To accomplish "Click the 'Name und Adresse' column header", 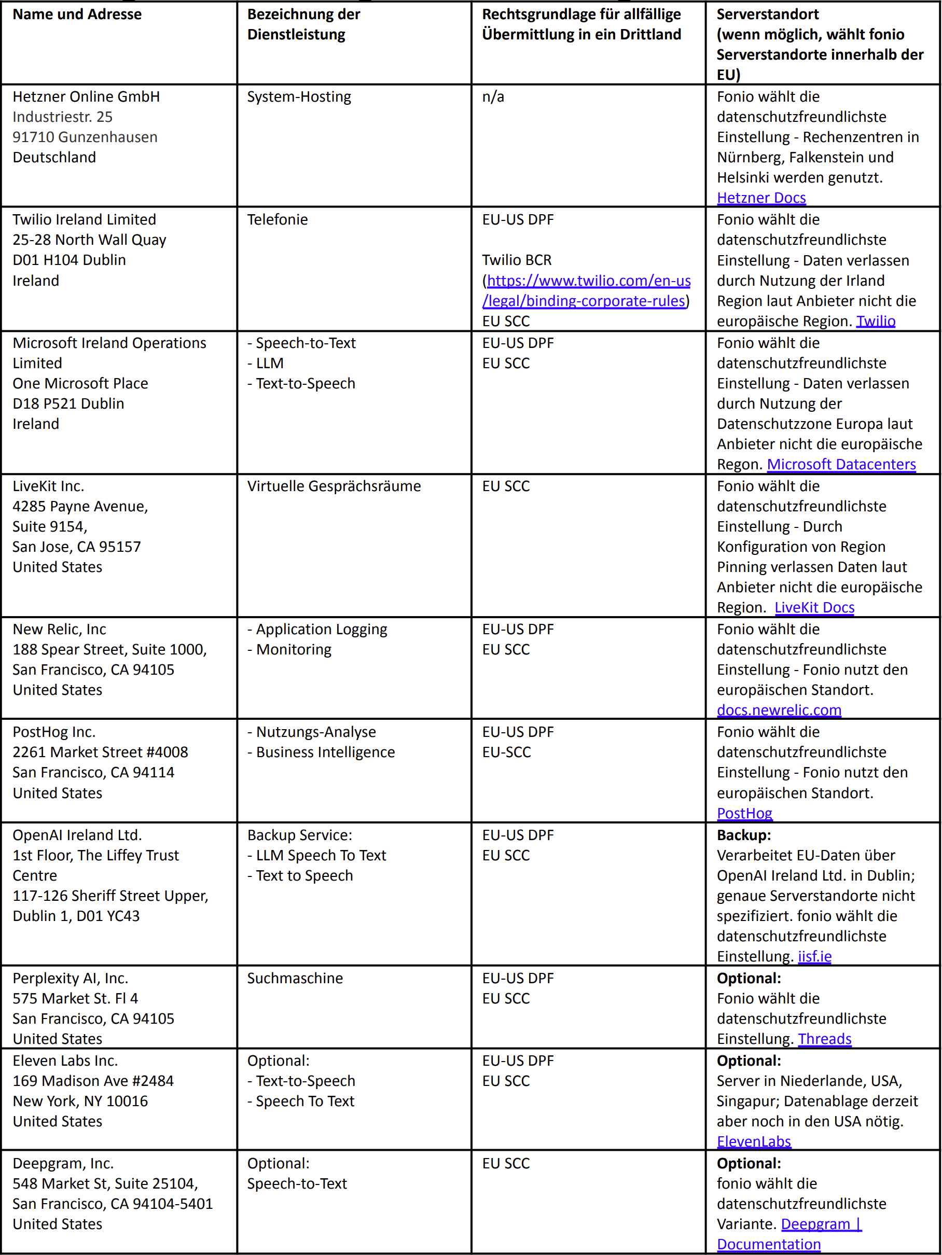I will click(x=77, y=14).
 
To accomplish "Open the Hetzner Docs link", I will click(x=761, y=198).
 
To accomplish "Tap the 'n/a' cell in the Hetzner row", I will click(x=493, y=97).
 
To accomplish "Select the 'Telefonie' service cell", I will click(x=278, y=219).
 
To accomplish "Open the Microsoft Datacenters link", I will click(x=841, y=464).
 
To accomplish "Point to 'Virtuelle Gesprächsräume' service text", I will click(x=334, y=486).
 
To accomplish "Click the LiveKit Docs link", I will click(x=814, y=607).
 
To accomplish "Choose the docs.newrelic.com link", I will click(x=779, y=710).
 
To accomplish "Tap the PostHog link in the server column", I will click(x=744, y=813).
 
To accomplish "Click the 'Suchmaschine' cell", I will click(x=295, y=978).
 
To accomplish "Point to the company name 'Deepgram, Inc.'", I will click(x=63, y=1163).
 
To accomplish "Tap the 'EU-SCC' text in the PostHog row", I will click(x=506, y=752).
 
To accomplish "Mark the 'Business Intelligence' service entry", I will click(x=325, y=752).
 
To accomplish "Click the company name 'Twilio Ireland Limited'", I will click(x=84, y=219).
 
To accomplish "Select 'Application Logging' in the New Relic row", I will click(x=321, y=629).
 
